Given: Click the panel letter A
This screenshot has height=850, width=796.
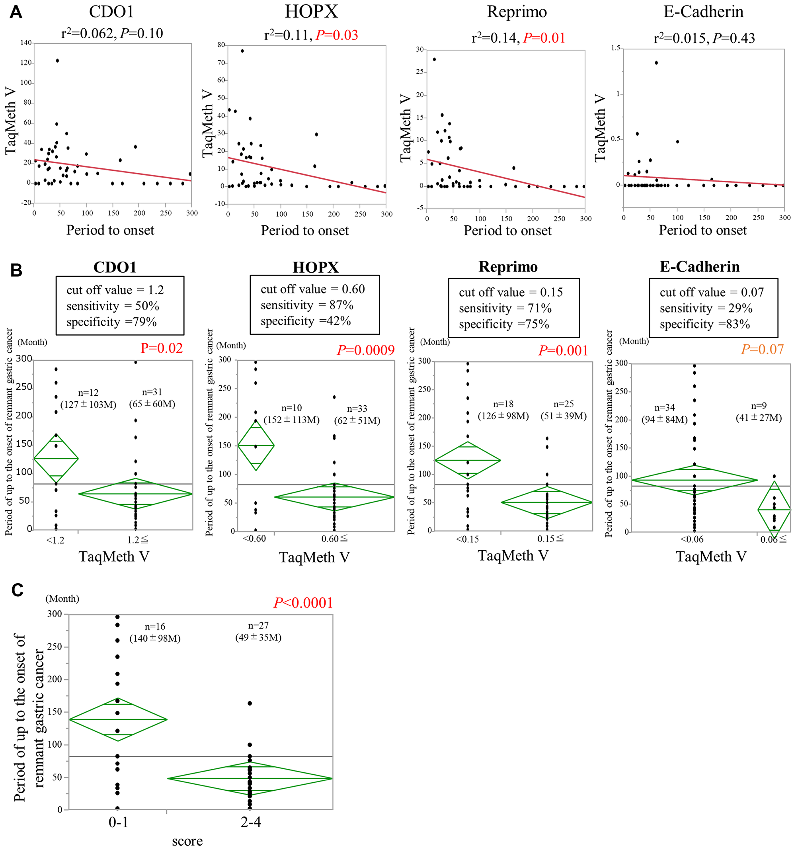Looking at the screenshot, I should point(16,12).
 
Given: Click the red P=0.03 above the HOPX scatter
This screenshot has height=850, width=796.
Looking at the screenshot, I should point(336,35).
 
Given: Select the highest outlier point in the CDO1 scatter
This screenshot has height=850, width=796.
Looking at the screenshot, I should point(57,61).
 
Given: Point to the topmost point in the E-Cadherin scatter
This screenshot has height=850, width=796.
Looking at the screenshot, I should point(656,63).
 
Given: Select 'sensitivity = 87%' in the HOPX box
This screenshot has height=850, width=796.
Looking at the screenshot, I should point(306,305).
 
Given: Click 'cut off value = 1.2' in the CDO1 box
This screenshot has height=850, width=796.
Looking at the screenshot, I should point(115,290).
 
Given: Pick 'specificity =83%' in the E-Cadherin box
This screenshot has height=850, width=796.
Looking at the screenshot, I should point(704,324).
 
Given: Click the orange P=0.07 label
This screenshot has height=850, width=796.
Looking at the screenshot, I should point(762,349).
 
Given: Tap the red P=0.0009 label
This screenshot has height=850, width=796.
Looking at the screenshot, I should point(365,350).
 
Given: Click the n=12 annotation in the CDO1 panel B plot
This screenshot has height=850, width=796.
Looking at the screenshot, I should point(88,393).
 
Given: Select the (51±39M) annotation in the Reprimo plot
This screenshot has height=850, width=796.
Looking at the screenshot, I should point(564,416).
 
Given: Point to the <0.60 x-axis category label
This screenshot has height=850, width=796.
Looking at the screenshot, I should point(254,539).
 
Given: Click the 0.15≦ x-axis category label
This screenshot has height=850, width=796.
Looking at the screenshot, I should point(550,539).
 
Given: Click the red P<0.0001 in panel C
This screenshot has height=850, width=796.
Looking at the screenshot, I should point(303,603).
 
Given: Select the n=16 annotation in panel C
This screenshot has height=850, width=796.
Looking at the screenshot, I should point(155,626).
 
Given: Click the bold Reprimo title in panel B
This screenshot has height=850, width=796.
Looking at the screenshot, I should point(508,266).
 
